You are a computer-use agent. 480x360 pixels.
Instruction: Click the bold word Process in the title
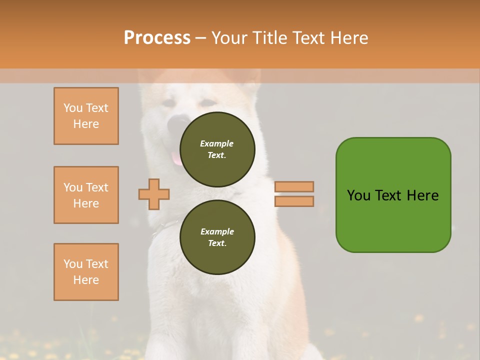(157, 38)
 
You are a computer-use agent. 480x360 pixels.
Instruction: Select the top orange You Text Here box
(86, 116)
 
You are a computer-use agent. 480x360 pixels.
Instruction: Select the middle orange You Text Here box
(86, 195)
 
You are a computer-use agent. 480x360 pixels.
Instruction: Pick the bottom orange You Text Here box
(86, 272)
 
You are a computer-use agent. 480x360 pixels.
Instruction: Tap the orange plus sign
(154, 194)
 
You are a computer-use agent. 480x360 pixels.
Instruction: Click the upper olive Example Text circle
(217, 149)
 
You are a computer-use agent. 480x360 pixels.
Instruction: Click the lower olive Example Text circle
(217, 237)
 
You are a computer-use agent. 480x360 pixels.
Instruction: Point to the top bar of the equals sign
(294, 186)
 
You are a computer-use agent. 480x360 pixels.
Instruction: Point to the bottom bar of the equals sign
(294, 201)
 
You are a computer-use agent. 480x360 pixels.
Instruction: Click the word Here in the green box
(422, 195)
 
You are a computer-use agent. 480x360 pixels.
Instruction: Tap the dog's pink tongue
(176, 158)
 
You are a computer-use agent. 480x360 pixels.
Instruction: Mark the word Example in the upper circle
(216, 143)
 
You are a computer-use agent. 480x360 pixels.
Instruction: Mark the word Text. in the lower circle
(217, 243)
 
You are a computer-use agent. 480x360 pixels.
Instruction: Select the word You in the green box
(358, 195)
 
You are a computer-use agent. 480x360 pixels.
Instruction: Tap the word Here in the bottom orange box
(86, 280)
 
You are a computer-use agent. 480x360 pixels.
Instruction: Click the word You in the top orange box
(73, 108)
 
